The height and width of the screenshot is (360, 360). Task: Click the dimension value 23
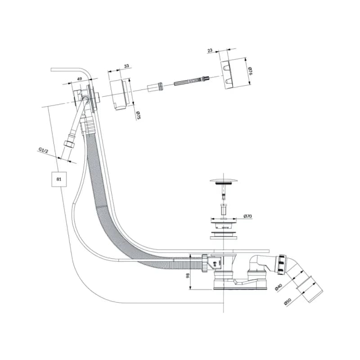coord(210,50)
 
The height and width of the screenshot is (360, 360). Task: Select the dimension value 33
coord(126,66)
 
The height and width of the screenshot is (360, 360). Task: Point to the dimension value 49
coord(79,79)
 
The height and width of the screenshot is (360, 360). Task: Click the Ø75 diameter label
coord(138,115)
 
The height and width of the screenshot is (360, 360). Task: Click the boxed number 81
coord(59,179)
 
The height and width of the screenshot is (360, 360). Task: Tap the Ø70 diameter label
coord(248,216)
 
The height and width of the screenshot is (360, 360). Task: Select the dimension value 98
coord(188,275)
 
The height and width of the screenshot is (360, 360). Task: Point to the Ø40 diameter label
coord(279,287)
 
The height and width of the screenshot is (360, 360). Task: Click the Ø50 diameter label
coord(288,301)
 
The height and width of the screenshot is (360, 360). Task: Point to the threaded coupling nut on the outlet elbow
coord(282,265)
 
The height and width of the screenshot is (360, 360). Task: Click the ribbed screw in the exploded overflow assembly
coord(192,81)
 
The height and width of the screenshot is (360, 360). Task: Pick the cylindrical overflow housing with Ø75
coord(120,94)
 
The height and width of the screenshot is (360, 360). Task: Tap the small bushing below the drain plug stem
coord(223,208)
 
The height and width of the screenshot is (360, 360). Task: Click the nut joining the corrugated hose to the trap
coord(205,263)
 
